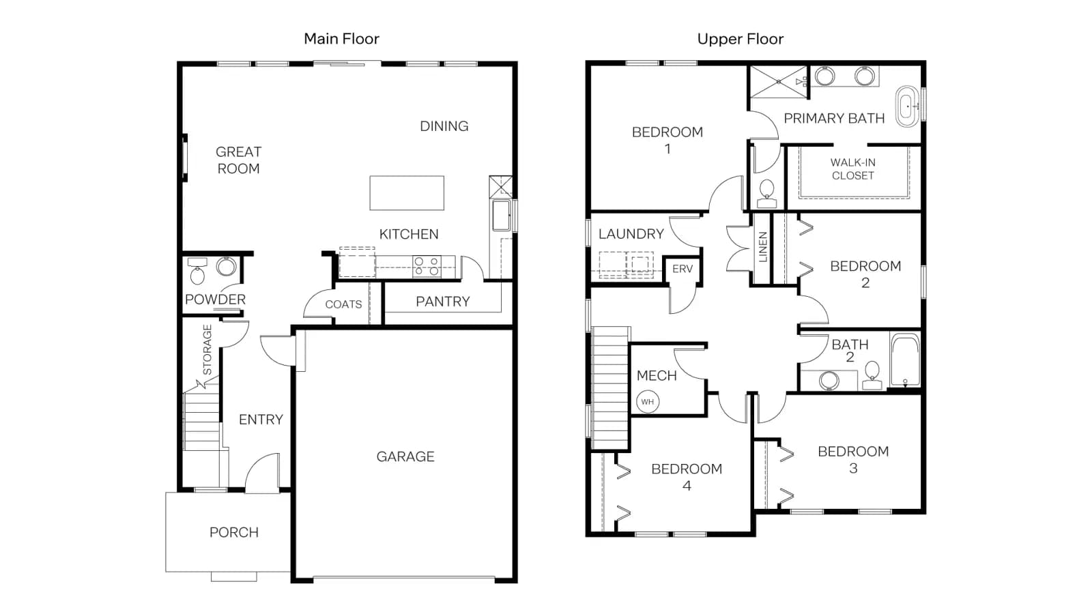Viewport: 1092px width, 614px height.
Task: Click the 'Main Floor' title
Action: (341, 38)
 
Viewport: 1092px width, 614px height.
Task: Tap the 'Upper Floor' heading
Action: (740, 39)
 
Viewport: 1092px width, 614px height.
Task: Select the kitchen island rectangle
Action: (407, 193)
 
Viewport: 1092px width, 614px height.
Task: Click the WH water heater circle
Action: (648, 402)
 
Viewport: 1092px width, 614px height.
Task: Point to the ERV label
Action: (682, 269)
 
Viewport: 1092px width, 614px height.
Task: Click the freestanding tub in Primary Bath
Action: (907, 106)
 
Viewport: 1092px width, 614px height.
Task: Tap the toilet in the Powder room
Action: (197, 271)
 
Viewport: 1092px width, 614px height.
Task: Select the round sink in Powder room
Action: (226, 267)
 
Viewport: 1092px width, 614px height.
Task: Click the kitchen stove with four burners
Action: (427, 267)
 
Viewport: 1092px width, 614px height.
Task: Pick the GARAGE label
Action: (405, 456)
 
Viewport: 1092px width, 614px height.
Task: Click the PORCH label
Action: (234, 532)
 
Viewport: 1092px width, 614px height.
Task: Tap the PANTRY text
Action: (443, 302)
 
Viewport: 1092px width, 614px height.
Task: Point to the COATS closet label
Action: (343, 304)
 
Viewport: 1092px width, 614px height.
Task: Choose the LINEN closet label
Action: (763, 247)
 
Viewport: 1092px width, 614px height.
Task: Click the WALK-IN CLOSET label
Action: (852, 169)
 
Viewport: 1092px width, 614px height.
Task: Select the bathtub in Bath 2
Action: (905, 360)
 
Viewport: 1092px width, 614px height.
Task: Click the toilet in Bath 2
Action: (872, 375)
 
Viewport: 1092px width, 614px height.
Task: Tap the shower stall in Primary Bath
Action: (779, 82)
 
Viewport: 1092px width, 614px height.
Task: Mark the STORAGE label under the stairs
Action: (207, 350)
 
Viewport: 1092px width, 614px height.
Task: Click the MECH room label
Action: (657, 376)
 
